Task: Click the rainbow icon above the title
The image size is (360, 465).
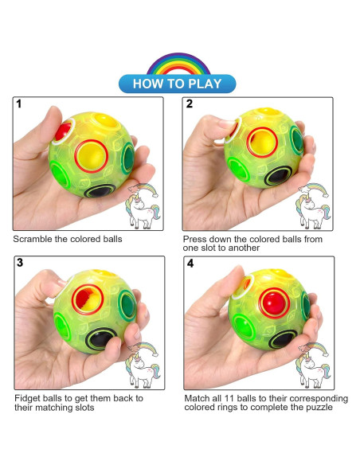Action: pyautogui.click(x=179, y=63)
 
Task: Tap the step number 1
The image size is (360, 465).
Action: pyautogui.click(x=19, y=104)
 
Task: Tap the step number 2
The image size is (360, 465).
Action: pyautogui.click(x=190, y=104)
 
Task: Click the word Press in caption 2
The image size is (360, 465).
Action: pyautogui.click(x=196, y=239)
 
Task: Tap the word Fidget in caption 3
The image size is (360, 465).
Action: pyautogui.click(x=28, y=398)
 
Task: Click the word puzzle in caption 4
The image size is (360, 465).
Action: pyautogui.click(x=315, y=408)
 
